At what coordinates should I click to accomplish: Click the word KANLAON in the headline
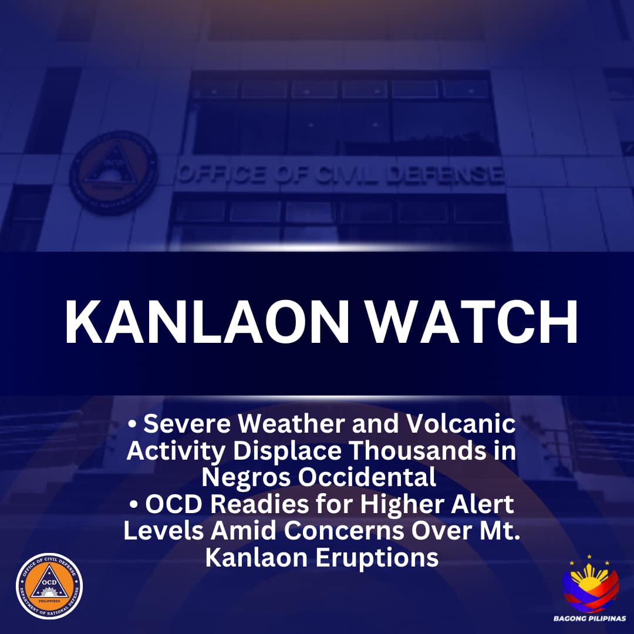point(207,322)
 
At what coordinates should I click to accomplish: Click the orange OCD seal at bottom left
point(49,586)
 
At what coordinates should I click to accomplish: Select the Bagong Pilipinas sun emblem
point(591,585)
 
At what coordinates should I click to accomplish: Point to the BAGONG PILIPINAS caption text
point(590,618)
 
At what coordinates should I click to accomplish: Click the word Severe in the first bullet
point(187,424)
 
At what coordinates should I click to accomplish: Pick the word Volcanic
point(461,424)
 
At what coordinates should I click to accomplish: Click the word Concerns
point(343,531)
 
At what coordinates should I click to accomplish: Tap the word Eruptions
point(377,558)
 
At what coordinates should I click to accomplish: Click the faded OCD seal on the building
point(114,173)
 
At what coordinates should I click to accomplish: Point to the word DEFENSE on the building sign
point(444,175)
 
